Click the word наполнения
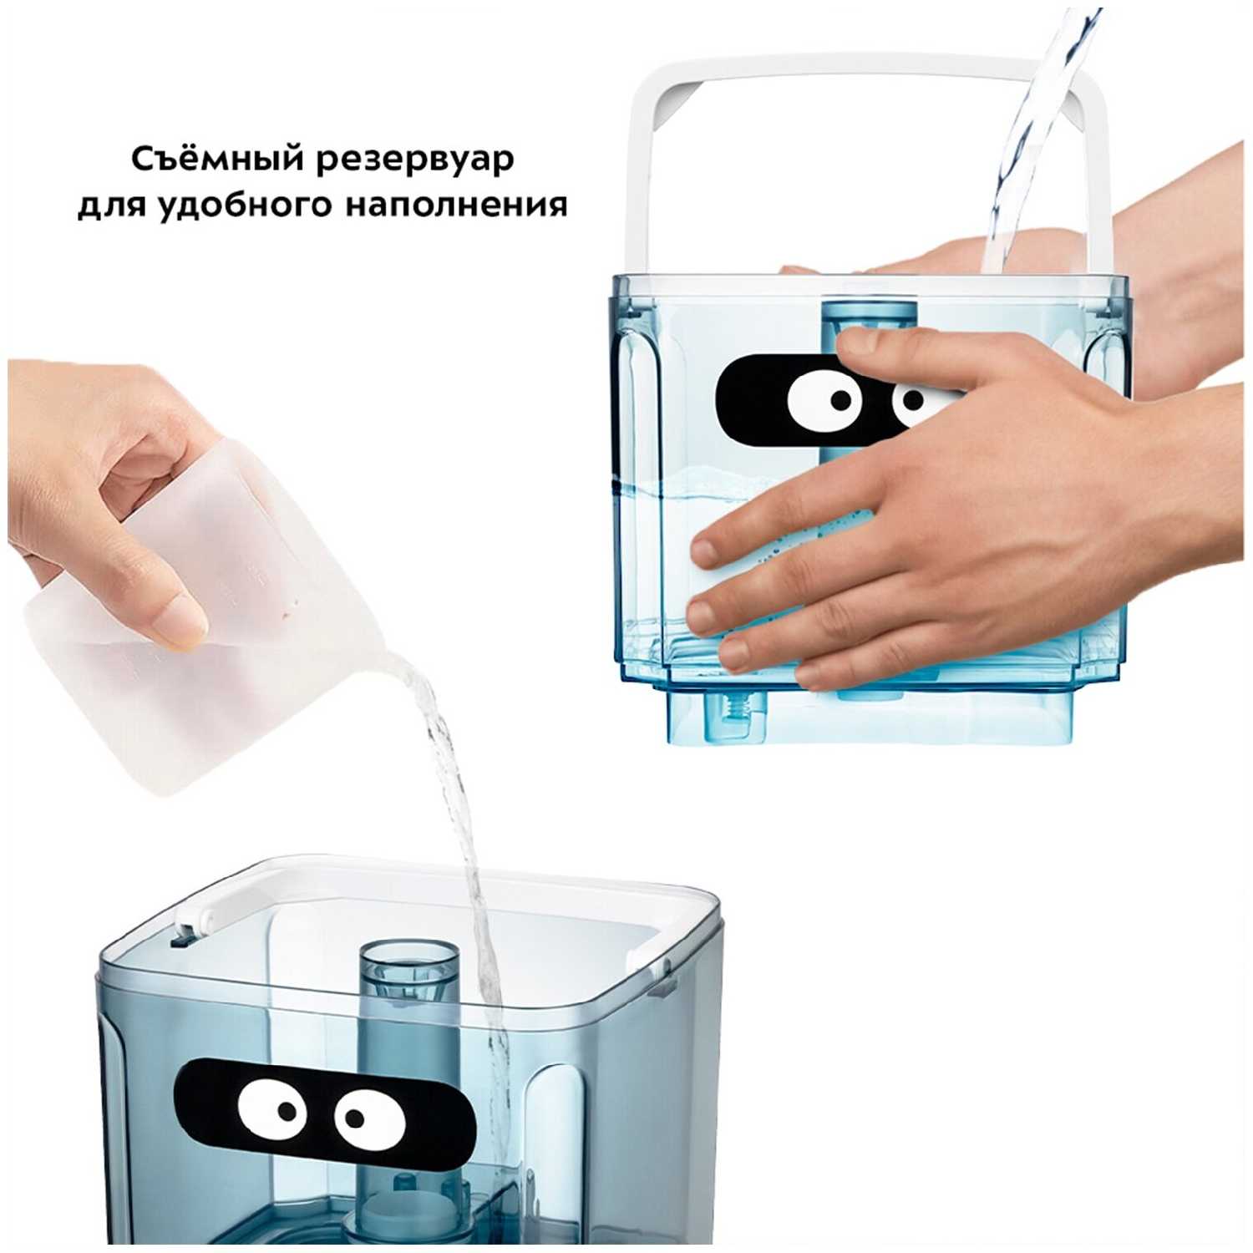click(456, 205)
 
